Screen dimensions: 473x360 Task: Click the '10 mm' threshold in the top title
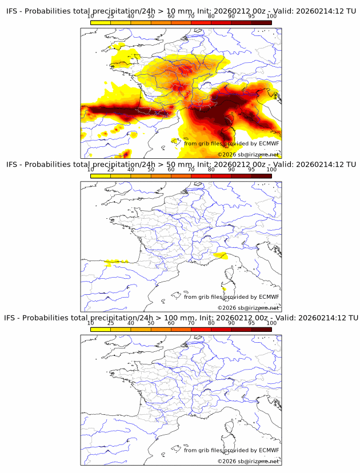tap(165, 11)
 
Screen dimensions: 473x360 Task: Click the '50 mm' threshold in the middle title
tap(165, 165)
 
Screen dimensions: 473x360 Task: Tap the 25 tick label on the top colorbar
tap(111, 16)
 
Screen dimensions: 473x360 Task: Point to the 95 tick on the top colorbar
tap(251, 16)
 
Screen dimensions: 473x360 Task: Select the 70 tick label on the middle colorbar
tap(191, 170)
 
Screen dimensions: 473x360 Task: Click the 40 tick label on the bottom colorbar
tap(131, 323)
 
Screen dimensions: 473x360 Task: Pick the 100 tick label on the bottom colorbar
tap(271, 323)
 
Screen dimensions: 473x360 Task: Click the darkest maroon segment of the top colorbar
tap(261, 22)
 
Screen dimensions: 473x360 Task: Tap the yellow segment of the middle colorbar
tap(101, 175)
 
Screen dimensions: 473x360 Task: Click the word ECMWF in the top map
tap(269, 143)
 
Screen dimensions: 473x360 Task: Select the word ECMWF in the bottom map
tap(269, 450)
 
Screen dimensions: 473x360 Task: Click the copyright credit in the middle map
tap(248, 308)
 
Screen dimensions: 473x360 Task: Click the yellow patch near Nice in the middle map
tap(219, 255)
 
